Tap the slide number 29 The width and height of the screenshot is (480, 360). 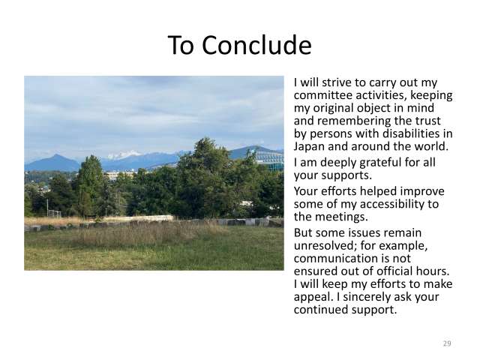click(x=447, y=343)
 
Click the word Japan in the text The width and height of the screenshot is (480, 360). click(x=310, y=146)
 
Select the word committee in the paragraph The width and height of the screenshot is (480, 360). click(x=325, y=95)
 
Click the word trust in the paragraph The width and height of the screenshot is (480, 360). click(x=415, y=121)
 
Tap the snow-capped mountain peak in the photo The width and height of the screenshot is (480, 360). click(x=124, y=155)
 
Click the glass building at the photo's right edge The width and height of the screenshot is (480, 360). click(x=272, y=158)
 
